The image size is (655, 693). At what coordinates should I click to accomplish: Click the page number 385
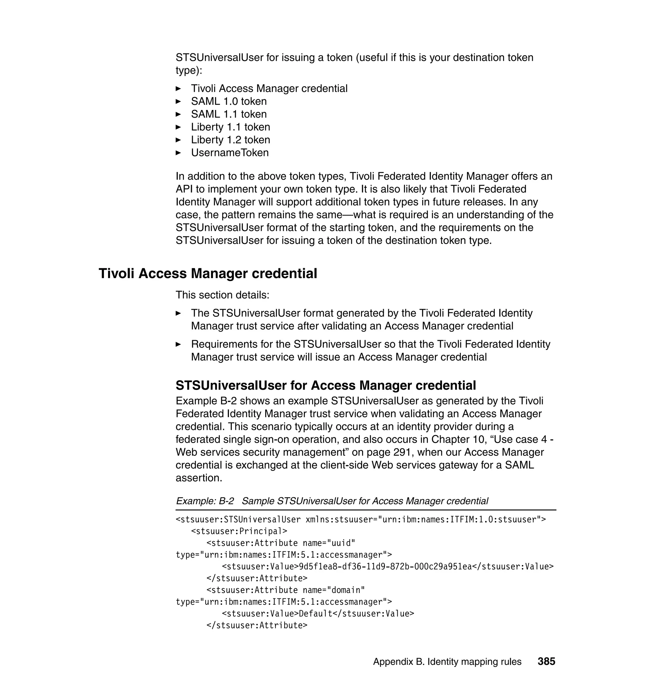(546, 661)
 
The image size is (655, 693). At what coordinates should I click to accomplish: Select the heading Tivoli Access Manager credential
(208, 273)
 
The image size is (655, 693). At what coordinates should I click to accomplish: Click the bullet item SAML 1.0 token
(229, 101)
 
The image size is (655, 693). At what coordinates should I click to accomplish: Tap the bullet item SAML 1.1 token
(229, 114)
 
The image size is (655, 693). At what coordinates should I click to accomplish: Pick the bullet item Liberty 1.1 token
(231, 127)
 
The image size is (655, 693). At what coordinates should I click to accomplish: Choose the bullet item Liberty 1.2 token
(231, 140)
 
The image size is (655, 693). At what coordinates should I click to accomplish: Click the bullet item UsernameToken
(230, 153)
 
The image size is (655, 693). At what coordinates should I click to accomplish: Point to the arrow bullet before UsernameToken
(178, 153)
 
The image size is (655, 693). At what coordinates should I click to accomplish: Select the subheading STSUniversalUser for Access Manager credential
(325, 385)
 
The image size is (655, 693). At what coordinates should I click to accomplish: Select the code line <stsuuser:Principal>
(239, 531)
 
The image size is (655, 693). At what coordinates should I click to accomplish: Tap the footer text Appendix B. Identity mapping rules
(447, 662)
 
